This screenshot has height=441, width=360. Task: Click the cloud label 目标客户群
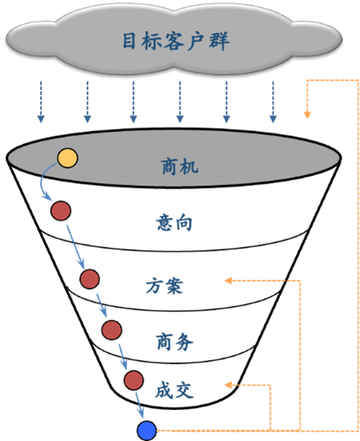(175, 41)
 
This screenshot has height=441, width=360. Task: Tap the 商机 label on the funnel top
(180, 166)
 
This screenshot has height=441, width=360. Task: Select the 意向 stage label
(174, 222)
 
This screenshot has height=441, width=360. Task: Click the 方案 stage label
(165, 286)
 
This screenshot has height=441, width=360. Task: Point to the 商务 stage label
(175, 342)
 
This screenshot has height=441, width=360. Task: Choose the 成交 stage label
(174, 390)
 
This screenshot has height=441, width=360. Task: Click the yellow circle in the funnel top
(67, 158)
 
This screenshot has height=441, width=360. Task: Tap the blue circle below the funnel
(147, 430)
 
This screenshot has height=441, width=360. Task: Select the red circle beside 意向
(61, 211)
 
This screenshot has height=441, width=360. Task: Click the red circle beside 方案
(89, 279)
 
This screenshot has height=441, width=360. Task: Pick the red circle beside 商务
(112, 330)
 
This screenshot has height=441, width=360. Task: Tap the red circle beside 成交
(134, 380)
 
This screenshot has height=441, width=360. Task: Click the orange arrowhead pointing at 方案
(228, 280)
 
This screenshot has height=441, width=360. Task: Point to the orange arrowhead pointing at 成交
(228, 384)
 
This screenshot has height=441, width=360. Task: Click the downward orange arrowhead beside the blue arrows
(307, 115)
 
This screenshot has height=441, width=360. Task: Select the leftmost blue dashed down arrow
(41, 102)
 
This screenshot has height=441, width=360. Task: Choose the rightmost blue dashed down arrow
(273, 102)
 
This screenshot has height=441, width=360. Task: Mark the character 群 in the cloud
(219, 41)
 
